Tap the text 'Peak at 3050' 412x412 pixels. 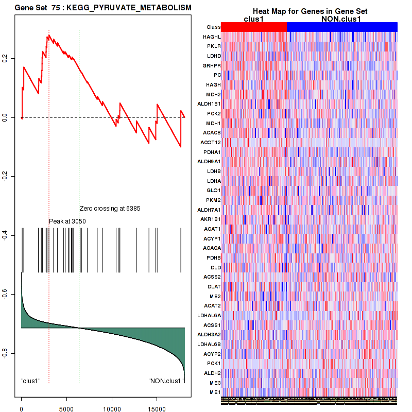tap(67, 221)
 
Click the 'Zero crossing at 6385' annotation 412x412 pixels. tap(110, 209)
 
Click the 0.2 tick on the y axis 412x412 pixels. tap(7, 59)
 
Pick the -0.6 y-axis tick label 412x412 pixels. tap(7, 294)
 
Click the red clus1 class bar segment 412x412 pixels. tap(254, 27)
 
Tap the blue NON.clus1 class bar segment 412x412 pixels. tap(342, 27)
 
